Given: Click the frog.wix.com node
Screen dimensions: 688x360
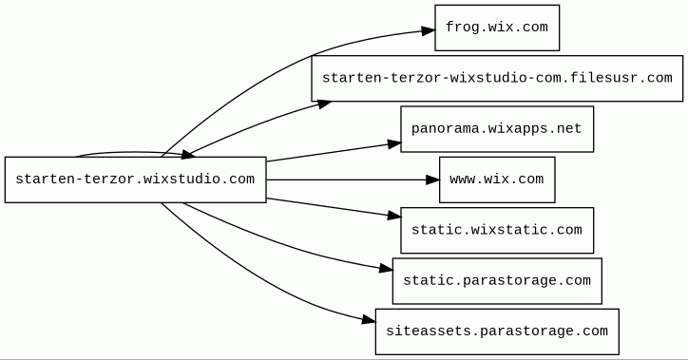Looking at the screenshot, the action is [497, 28].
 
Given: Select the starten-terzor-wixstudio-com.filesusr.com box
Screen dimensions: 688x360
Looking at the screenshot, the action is [497, 79].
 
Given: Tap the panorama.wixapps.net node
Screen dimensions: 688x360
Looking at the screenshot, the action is [497, 129].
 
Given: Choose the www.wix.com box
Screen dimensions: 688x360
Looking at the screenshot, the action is [497, 180].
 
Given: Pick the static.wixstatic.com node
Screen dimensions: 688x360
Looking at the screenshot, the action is [497, 230].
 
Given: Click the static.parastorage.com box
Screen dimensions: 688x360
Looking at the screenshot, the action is [497, 281].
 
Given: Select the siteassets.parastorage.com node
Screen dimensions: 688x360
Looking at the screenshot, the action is [497, 332].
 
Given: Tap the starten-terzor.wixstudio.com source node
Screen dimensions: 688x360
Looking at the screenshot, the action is [136, 180].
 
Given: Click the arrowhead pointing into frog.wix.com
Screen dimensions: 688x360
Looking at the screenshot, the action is [429, 30].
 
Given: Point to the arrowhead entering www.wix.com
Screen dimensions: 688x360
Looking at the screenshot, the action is [432, 180].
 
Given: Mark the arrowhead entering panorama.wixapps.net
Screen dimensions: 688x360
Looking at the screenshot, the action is [394, 143].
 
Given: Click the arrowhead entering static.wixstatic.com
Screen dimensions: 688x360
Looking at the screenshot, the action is [394, 216].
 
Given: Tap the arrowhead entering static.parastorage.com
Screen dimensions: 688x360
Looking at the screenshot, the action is [386, 269].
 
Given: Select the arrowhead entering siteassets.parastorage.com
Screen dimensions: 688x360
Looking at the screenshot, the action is [369, 320].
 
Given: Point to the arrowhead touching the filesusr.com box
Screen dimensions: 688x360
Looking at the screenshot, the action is [324, 104].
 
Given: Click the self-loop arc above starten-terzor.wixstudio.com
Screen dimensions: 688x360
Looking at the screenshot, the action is [132, 153].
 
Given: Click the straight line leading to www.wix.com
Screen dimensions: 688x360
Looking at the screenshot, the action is [347, 180].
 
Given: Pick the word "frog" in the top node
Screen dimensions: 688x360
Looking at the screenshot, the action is [461, 28].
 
